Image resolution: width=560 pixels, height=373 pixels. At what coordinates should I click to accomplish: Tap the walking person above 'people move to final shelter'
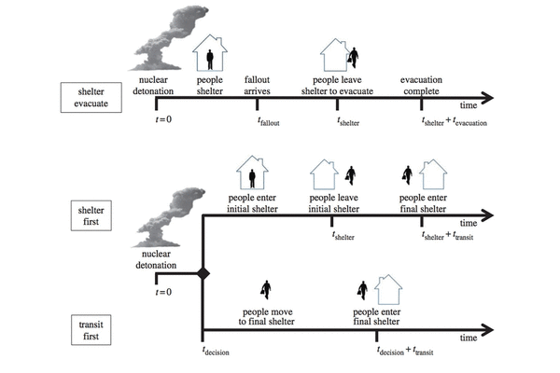click(266, 290)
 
